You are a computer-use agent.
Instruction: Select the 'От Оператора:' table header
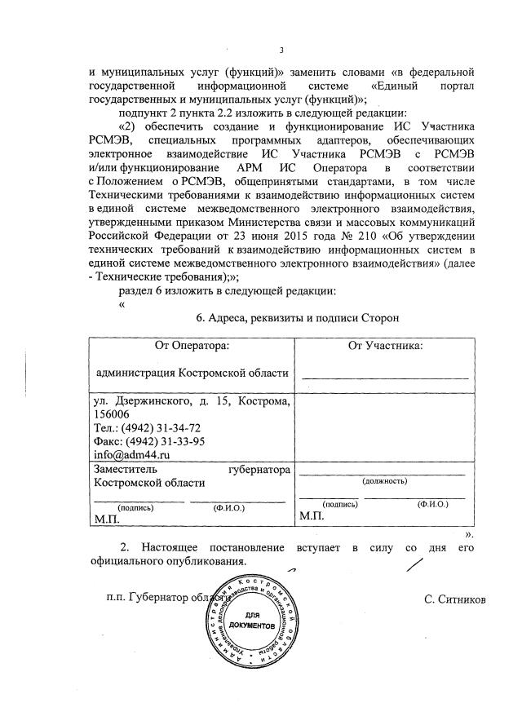click(192, 346)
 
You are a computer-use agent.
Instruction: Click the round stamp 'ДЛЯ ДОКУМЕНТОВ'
click(250, 619)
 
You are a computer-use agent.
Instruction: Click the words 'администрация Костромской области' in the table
click(192, 374)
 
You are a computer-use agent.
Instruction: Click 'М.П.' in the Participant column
click(312, 516)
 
